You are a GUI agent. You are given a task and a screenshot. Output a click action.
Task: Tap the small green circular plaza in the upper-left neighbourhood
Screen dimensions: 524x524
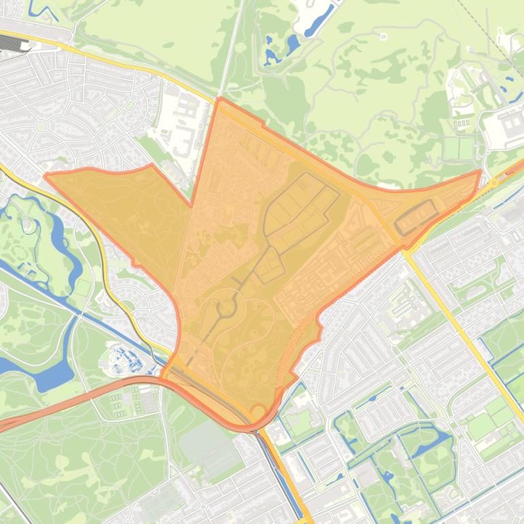click(x=41, y=127)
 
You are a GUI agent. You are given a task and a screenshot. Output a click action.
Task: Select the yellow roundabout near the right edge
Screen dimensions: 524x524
click(x=494, y=182)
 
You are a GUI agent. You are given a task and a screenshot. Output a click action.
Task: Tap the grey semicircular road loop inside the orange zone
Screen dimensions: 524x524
click(x=225, y=310)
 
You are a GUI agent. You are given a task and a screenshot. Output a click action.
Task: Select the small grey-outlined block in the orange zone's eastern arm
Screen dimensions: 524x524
click(x=416, y=216)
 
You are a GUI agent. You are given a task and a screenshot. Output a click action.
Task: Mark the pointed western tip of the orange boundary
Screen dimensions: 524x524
click(x=46, y=176)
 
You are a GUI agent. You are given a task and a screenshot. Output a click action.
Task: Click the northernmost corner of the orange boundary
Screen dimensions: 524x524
click(x=220, y=99)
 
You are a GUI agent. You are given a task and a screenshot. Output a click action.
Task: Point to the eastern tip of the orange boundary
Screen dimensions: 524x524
click(x=480, y=172)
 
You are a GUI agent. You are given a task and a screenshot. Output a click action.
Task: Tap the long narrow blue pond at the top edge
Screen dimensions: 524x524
click(x=320, y=19)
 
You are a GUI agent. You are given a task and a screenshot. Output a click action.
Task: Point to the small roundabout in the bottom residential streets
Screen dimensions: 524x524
click(x=203, y=506)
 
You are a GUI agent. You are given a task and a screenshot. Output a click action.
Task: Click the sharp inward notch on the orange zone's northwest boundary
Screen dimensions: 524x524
click(x=191, y=204)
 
